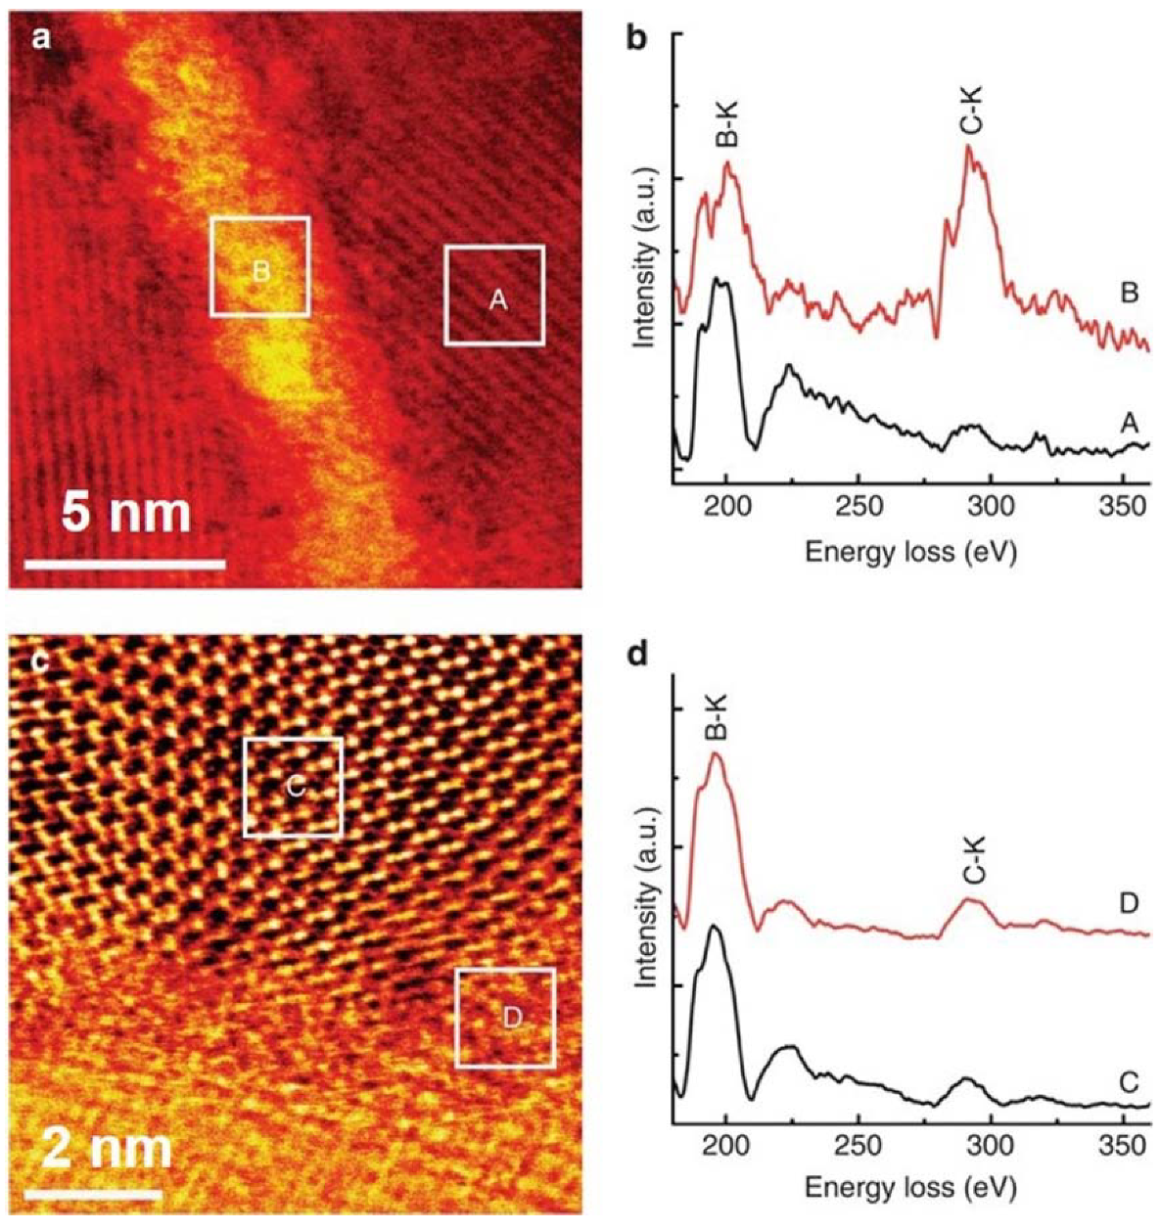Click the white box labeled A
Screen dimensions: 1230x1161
494,296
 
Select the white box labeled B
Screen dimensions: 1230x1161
260,266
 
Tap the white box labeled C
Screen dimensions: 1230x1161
293,787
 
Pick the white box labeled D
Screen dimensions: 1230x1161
506,1018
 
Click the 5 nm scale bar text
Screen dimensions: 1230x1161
126,514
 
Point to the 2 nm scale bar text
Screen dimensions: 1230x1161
98,1151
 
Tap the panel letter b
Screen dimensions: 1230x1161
635,41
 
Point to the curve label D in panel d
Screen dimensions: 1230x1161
1129,902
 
